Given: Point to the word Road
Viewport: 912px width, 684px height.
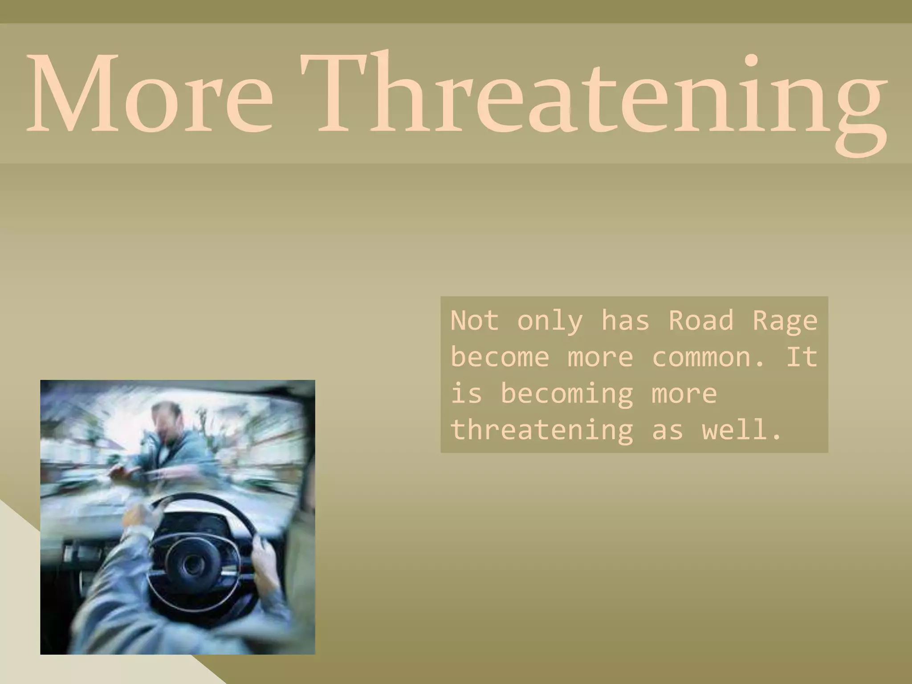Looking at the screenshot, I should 701,320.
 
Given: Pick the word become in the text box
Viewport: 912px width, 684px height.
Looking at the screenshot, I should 500,357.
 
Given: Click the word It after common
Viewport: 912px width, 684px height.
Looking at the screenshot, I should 802,357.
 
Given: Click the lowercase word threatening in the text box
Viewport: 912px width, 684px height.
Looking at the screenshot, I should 541,431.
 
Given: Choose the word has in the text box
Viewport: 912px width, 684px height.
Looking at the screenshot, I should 625,320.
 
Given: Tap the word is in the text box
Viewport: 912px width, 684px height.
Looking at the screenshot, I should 466,394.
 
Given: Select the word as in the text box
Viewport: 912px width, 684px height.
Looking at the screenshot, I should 667,431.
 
